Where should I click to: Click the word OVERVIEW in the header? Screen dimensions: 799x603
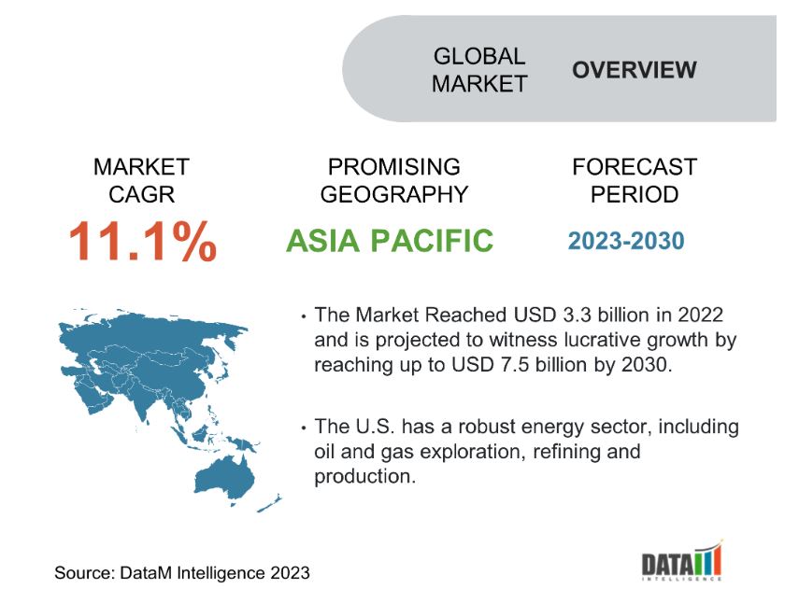point(634,70)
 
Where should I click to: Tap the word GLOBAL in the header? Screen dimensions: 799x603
point(479,56)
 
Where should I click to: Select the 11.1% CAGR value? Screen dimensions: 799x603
point(143,241)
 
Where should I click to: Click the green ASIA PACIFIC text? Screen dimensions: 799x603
point(390,241)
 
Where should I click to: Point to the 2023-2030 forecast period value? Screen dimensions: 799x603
point(626,241)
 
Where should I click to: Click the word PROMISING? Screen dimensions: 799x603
point(394,167)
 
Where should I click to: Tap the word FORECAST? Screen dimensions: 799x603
point(635,167)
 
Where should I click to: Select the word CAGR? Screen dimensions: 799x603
point(142,194)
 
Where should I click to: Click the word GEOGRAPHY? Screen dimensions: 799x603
point(394,194)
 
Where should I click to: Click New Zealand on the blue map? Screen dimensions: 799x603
point(269,503)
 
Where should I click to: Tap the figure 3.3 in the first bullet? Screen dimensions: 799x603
point(577,315)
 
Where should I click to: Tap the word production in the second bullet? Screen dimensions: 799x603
point(364,476)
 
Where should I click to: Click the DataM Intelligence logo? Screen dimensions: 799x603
point(682,560)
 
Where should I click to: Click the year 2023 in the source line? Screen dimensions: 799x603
point(290,572)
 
